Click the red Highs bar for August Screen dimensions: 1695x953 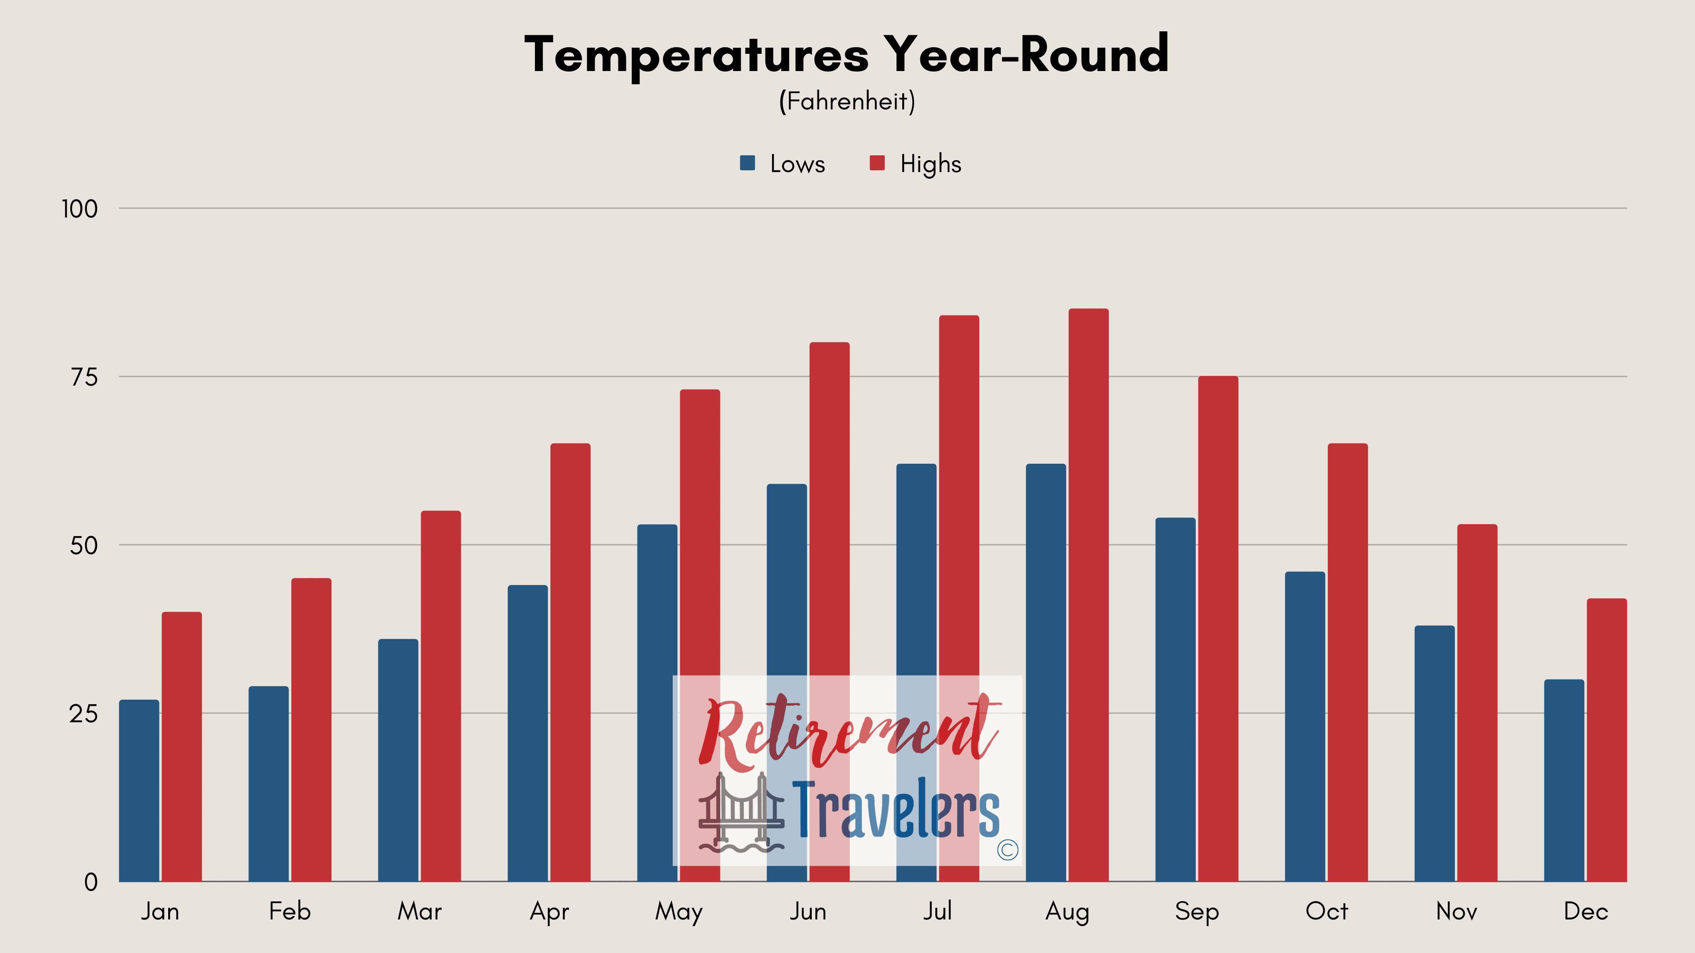pos(1089,595)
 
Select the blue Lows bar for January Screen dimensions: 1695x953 pos(139,791)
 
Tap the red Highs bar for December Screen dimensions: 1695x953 pos(1607,740)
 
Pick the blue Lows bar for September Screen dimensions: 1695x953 pos(1175,700)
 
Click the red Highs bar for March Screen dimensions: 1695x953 pos(441,697)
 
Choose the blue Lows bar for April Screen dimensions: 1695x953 pos(528,733)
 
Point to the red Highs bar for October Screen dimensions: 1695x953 pos(1348,663)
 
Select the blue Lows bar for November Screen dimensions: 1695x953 pos(1435,754)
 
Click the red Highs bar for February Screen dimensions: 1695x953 pos(311,730)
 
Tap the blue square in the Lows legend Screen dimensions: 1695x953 pos(747,163)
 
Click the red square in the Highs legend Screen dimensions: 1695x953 pos(877,163)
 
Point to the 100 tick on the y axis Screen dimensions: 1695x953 pos(79,209)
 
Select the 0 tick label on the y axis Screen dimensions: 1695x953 pos(91,882)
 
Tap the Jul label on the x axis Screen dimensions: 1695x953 pos(937,911)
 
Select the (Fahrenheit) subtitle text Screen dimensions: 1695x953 pos(847,101)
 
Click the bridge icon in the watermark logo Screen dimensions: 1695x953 pos(742,812)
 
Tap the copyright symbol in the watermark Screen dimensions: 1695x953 pos(1007,850)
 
